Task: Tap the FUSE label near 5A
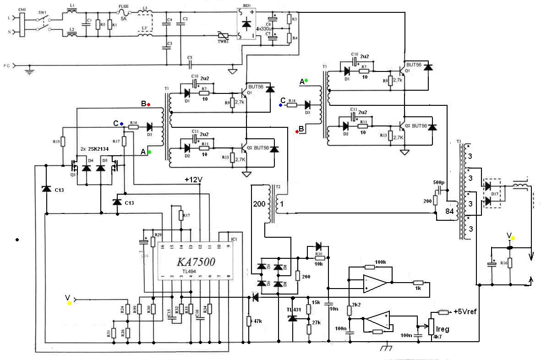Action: pos(123,7)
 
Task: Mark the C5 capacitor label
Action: pos(189,57)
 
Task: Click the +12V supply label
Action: pos(193,180)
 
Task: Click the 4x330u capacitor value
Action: pos(265,28)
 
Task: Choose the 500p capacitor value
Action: pos(438,182)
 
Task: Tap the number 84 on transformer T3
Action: pos(450,211)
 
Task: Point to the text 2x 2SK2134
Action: pos(98,149)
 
